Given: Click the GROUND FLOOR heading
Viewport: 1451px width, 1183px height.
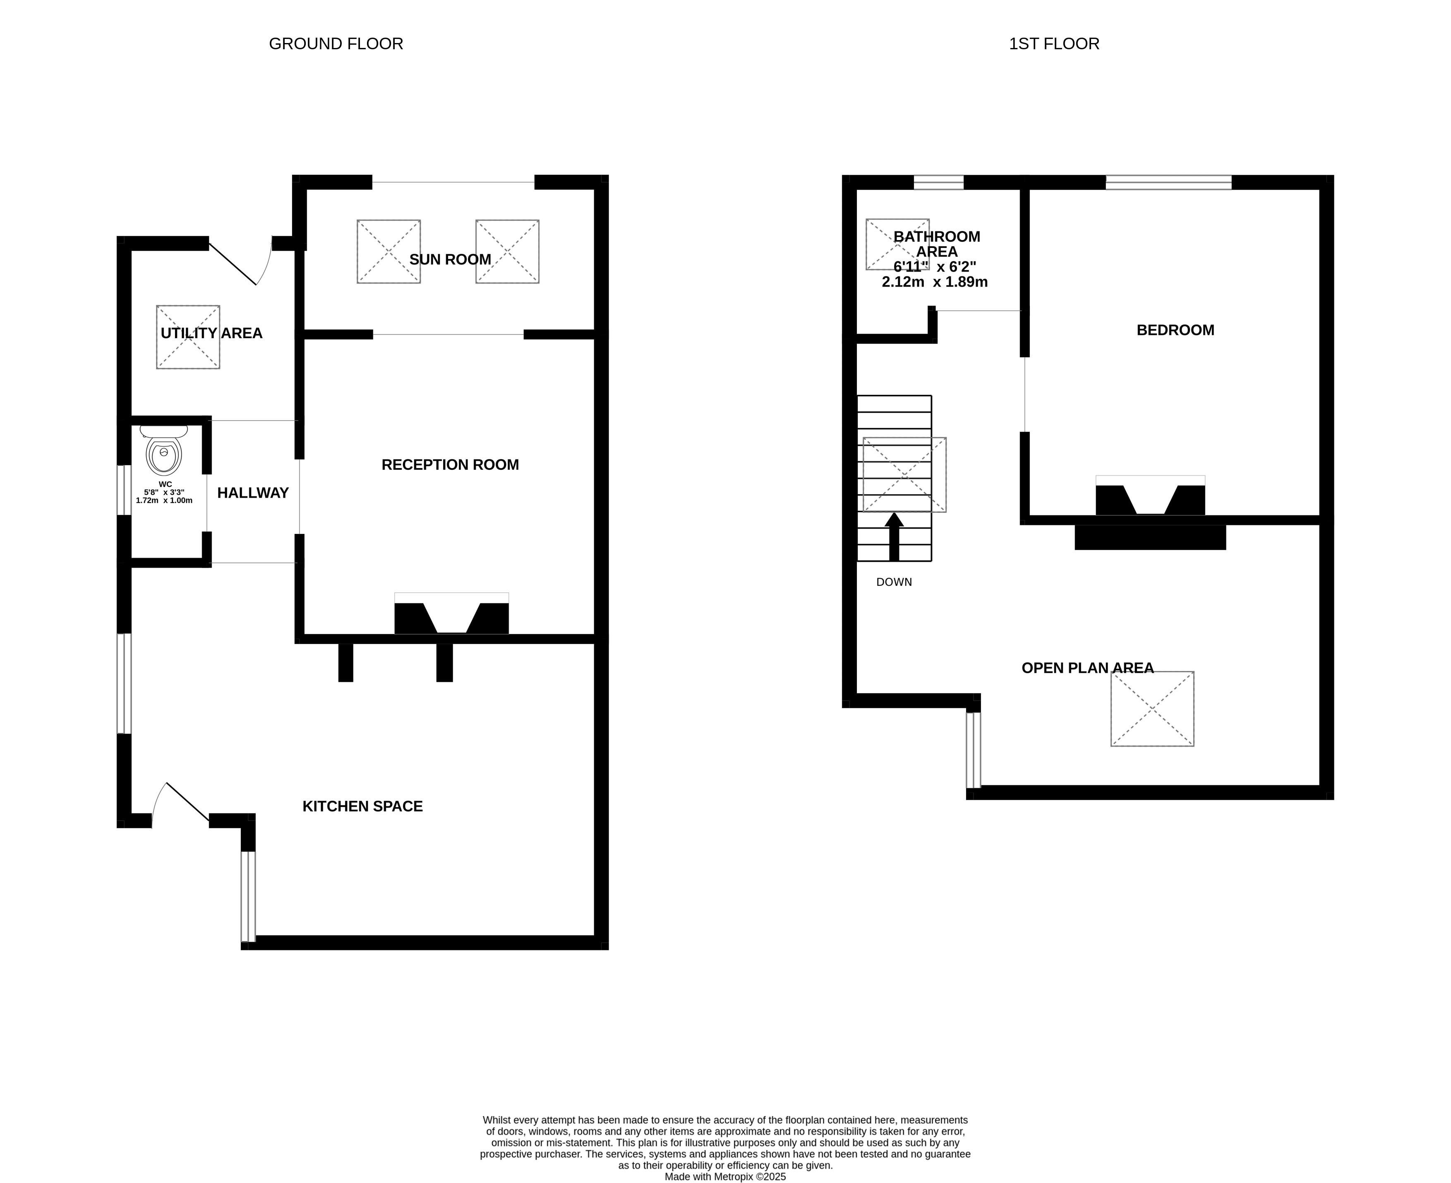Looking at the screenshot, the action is click(336, 43).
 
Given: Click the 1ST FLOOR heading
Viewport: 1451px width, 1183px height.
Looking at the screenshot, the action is click(1054, 43).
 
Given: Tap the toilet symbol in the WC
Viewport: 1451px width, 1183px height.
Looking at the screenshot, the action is click(163, 450).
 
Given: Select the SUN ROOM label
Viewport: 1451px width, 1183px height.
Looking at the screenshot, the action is click(450, 260).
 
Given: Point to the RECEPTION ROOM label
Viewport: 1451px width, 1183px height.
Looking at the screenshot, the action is click(450, 465).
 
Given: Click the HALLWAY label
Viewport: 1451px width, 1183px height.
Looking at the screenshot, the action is click(253, 493).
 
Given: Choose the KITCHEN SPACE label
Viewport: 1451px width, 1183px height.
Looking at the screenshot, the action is click(362, 806).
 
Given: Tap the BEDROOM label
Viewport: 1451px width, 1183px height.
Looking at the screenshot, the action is click(1175, 330).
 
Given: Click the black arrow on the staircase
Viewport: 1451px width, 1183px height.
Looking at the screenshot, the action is click(894, 537).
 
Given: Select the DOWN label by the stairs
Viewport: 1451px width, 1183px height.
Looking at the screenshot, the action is click(894, 582).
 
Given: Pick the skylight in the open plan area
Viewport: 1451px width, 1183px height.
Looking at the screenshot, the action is click(1152, 709).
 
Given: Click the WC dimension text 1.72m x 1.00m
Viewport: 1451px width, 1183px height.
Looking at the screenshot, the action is click(164, 500).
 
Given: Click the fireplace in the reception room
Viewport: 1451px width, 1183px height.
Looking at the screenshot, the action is click(452, 613).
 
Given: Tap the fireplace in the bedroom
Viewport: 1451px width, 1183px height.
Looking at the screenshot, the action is click(1150, 495).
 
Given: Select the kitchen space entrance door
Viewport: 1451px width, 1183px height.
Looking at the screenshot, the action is click(180, 805).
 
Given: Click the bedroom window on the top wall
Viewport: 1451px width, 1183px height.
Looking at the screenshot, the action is click(1168, 182).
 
